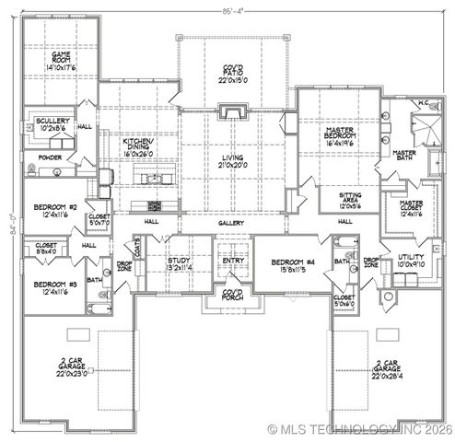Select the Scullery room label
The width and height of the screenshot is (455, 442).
point(52,126)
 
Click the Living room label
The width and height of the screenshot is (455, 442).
point(231,162)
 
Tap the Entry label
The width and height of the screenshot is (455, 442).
point(232,262)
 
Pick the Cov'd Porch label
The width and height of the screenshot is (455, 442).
point(232,297)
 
